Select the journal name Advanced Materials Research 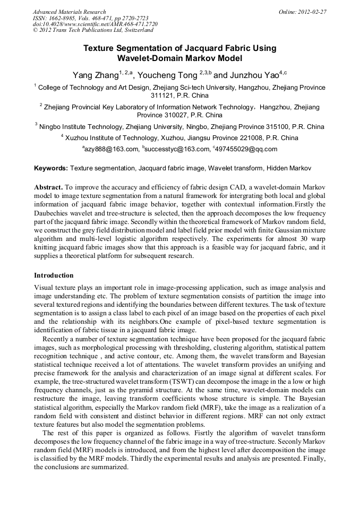(x=69, y=12)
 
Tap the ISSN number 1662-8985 (x=62, y=18)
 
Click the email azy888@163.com (x=112, y=150)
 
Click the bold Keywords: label (x=51, y=169)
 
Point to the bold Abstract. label (x=49, y=188)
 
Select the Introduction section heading (x=54, y=275)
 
